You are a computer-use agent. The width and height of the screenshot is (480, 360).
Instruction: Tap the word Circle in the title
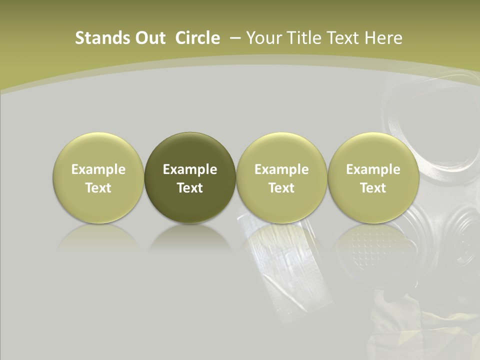(197, 38)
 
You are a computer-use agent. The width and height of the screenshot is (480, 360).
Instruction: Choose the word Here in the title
(383, 38)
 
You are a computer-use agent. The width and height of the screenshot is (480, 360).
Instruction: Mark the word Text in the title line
(344, 38)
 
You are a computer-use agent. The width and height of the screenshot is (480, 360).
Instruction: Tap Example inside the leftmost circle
(98, 169)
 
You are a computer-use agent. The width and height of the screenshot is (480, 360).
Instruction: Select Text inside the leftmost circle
(98, 188)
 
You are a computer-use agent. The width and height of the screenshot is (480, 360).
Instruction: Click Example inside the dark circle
(190, 169)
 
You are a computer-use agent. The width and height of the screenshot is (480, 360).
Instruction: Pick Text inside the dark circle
(190, 188)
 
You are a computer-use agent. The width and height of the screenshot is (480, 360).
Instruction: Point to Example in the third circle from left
(281, 169)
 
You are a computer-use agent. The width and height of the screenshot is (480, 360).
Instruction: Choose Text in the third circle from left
(281, 188)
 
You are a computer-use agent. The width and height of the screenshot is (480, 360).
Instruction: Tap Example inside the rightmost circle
(373, 169)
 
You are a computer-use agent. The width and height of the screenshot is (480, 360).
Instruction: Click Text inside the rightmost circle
(373, 188)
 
